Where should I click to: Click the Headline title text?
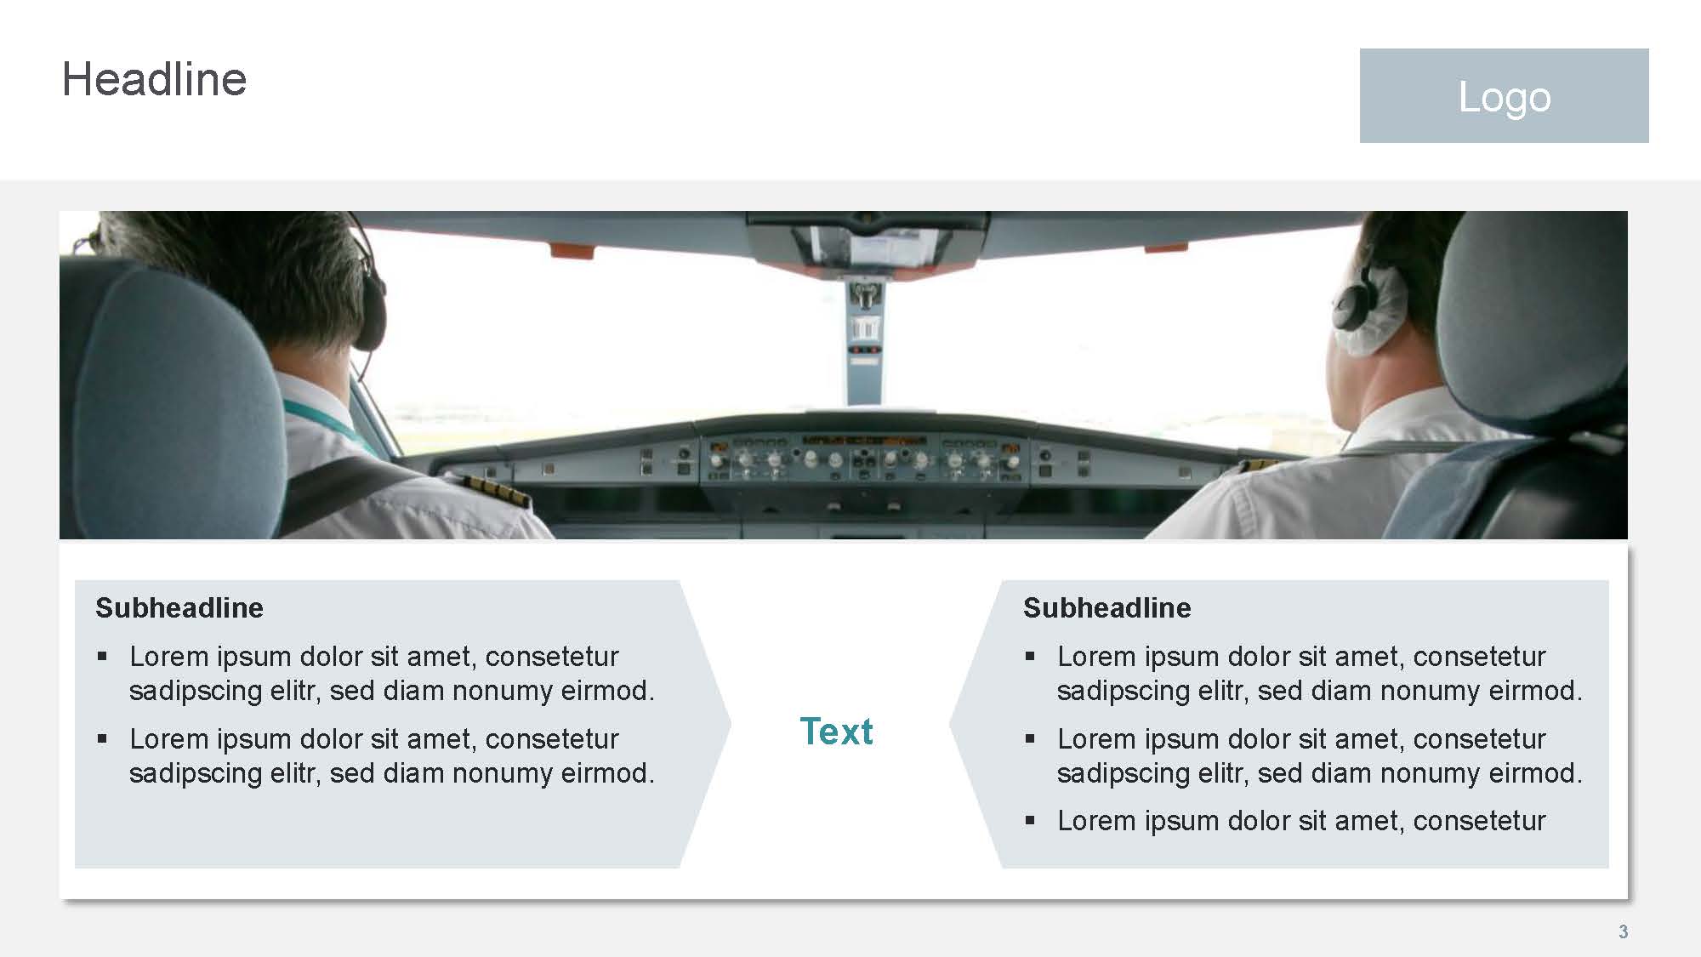(x=154, y=79)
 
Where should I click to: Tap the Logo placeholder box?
(x=1504, y=95)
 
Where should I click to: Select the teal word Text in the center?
(x=836, y=732)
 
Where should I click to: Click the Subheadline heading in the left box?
(x=179, y=607)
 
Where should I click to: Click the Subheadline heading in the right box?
(x=1107, y=607)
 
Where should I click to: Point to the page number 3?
(x=1623, y=931)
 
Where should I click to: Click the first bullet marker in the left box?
(x=102, y=656)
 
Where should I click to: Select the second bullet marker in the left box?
(x=102, y=738)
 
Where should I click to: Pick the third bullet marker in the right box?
(x=1030, y=821)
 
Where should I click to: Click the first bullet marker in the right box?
(x=1030, y=656)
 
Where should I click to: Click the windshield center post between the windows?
(x=865, y=340)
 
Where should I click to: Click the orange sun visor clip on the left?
(x=572, y=250)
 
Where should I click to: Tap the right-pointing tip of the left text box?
(x=731, y=724)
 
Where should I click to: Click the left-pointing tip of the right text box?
(x=950, y=724)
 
